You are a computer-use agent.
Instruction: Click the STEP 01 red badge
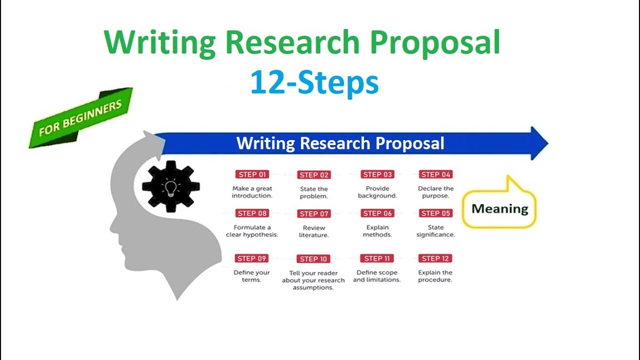click(x=252, y=174)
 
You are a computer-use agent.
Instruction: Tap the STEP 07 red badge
click(x=314, y=213)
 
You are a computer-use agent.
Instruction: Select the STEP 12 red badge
click(x=435, y=258)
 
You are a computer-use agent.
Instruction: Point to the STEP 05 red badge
click(x=435, y=213)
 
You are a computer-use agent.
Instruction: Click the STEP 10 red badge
click(x=314, y=259)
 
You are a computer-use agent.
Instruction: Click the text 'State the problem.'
click(x=314, y=192)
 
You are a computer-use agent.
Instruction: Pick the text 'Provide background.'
click(x=377, y=192)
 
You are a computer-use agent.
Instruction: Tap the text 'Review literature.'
click(x=314, y=231)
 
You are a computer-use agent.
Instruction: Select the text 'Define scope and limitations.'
click(x=377, y=276)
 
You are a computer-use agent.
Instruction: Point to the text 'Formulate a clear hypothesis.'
click(x=252, y=231)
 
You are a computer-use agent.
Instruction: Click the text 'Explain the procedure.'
click(x=435, y=276)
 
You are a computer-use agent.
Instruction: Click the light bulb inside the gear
click(x=171, y=188)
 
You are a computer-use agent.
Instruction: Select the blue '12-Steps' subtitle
click(x=314, y=82)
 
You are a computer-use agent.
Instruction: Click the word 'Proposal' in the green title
click(x=433, y=42)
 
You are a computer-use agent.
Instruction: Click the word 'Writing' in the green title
click(x=160, y=42)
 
